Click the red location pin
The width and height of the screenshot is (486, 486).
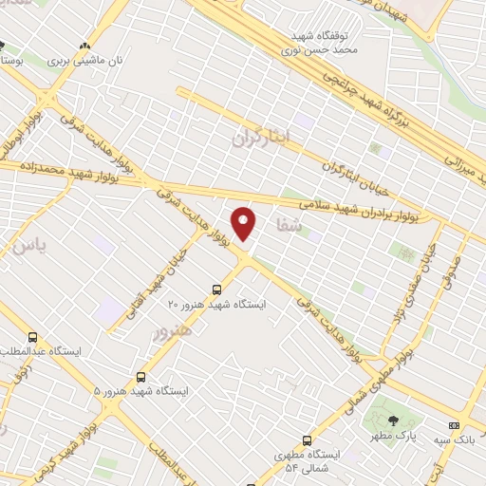[245, 223]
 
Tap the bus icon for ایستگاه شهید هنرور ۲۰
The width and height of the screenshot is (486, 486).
[217, 290]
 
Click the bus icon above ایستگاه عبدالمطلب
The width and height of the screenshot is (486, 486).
[33, 336]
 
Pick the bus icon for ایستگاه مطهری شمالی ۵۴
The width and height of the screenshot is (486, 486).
[307, 439]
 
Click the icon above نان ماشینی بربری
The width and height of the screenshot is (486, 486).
[86, 45]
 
